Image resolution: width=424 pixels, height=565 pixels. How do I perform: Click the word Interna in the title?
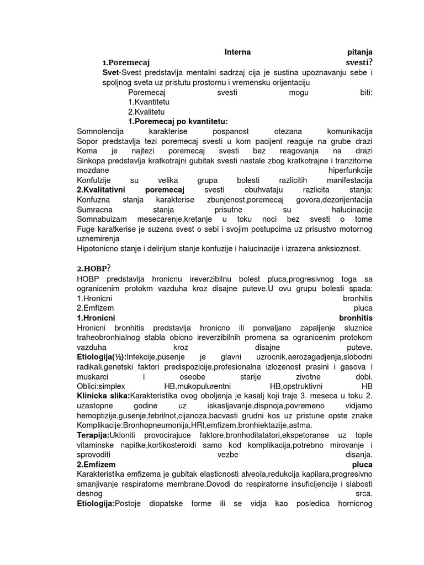[x=237, y=52]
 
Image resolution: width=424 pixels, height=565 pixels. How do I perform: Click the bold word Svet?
[x=110, y=73]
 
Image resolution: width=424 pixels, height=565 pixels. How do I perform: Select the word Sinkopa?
[x=92, y=161]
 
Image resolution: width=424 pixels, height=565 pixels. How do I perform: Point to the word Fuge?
[x=87, y=230]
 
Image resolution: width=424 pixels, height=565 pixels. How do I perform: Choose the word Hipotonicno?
[x=99, y=249]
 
